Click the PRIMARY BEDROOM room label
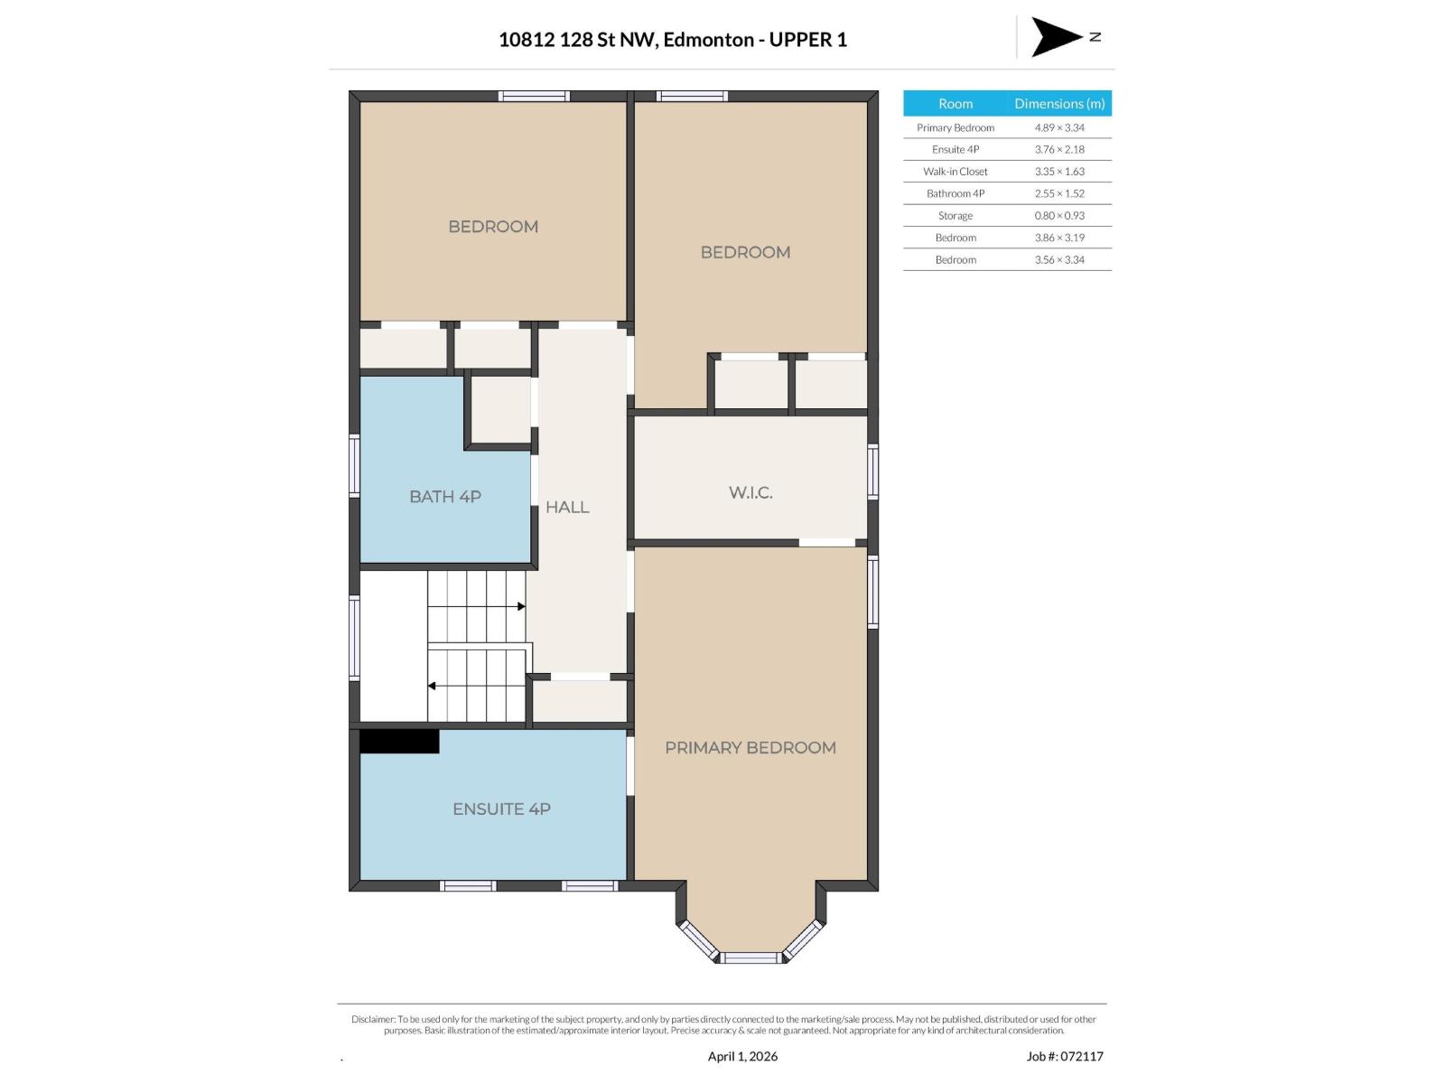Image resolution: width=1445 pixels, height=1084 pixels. click(750, 748)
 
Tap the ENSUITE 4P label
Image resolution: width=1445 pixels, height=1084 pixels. click(501, 809)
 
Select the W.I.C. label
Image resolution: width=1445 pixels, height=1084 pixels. click(750, 493)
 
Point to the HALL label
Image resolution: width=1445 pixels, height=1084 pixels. click(567, 508)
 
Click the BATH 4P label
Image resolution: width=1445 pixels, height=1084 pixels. click(445, 497)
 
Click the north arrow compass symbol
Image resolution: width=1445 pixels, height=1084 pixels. click(1057, 37)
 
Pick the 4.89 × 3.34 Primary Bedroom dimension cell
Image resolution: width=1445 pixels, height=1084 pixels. click(1059, 127)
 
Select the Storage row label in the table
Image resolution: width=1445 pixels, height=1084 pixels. click(956, 216)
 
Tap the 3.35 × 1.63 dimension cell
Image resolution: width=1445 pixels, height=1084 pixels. click(1059, 172)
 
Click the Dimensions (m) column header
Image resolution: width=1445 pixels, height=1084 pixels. click(1059, 104)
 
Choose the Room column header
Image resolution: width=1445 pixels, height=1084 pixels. click(956, 104)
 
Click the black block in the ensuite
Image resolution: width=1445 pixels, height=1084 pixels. click(399, 742)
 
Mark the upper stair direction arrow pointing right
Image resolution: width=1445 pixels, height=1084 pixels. click(520, 606)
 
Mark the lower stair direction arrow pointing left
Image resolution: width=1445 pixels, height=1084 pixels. click(433, 686)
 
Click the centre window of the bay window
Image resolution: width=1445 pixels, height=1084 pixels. click(750, 958)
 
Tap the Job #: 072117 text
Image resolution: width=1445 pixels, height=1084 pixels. click(1065, 1056)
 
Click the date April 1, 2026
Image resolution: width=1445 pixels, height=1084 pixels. click(742, 1056)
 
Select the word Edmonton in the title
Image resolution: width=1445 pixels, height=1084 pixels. click(709, 40)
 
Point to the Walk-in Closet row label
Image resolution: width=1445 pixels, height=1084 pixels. click(956, 172)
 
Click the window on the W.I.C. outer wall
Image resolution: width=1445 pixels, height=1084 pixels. click(872, 471)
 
